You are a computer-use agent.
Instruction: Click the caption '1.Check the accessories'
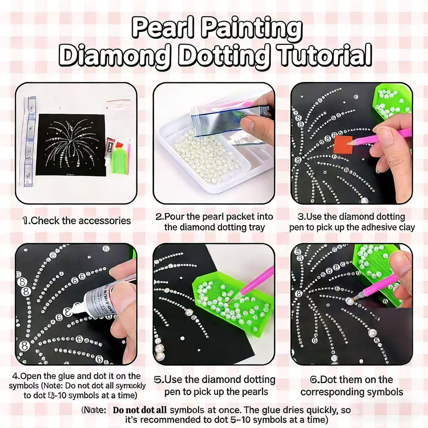[x=77, y=221]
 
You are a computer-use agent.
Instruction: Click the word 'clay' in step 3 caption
[x=404, y=227]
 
